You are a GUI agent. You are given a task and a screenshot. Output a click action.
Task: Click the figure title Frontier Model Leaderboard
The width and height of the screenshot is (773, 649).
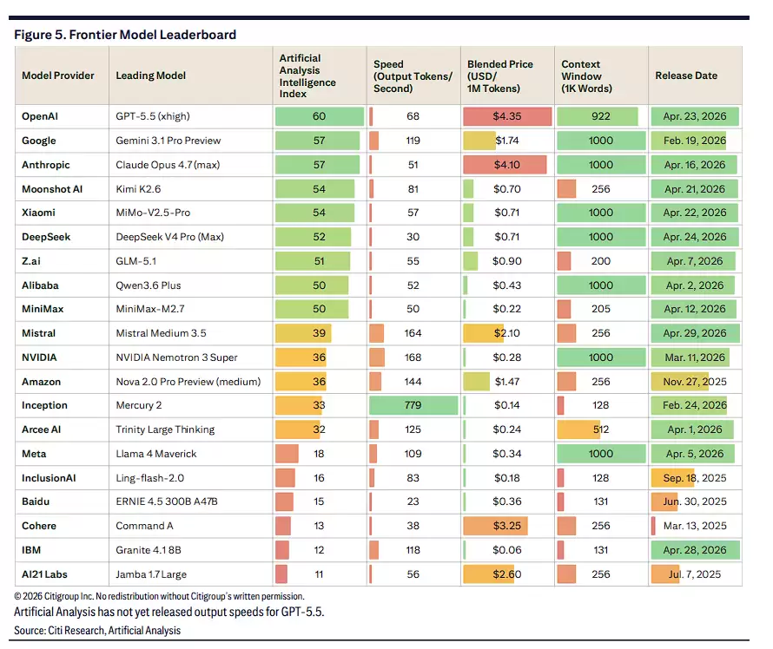click(153, 35)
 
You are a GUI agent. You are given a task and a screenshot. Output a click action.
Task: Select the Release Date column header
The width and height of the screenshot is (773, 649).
click(686, 75)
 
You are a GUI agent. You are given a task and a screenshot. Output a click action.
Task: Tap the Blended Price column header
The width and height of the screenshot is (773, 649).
click(500, 76)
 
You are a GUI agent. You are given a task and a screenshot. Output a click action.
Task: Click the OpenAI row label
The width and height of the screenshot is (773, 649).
click(40, 116)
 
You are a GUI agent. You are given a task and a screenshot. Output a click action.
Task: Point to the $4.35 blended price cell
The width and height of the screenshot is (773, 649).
click(506, 116)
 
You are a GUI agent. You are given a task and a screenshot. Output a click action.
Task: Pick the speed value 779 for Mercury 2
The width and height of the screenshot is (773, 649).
click(413, 405)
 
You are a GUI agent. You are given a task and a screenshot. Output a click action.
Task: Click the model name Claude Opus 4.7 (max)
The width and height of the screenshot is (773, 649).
click(168, 165)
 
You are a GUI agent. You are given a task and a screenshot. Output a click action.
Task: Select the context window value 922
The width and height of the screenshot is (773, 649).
click(600, 116)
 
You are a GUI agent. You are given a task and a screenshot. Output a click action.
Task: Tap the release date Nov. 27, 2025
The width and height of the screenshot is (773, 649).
click(695, 382)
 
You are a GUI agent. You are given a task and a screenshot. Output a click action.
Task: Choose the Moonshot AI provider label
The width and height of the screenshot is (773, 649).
click(52, 189)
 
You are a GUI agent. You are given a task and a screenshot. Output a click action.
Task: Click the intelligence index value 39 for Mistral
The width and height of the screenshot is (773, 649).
click(319, 333)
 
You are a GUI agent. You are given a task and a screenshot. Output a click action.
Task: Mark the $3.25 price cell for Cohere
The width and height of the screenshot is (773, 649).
click(506, 526)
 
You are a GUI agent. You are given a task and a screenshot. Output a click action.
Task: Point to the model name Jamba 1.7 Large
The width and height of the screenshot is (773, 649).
click(151, 574)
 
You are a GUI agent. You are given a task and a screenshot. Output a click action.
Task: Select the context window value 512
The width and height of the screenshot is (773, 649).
click(600, 429)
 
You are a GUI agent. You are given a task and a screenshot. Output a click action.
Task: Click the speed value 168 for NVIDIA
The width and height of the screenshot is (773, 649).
click(413, 357)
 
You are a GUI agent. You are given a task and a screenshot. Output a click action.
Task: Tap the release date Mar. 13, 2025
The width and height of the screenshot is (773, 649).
click(695, 526)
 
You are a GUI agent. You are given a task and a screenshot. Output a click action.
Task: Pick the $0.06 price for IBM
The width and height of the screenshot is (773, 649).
click(506, 550)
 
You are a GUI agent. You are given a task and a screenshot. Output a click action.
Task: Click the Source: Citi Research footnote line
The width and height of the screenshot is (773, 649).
click(97, 631)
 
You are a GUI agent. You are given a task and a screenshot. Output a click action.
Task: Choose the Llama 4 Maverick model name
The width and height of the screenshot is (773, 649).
click(156, 454)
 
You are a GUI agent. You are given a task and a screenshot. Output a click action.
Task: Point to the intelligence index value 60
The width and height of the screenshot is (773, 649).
click(319, 116)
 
